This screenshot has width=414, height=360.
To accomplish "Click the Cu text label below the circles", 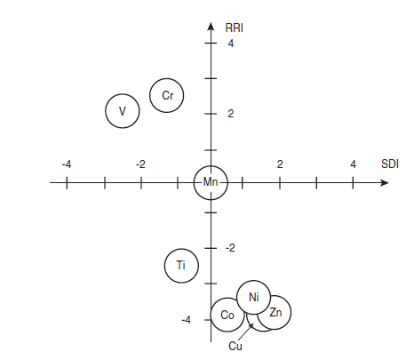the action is tap(235, 346).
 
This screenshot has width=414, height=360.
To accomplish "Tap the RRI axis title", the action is tap(235, 28).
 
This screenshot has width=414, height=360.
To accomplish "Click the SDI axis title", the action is tap(390, 164).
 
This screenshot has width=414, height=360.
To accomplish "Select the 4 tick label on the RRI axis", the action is tap(231, 44).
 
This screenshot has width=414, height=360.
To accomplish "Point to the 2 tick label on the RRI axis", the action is tap(231, 114).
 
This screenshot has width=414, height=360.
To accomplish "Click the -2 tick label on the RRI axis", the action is tap(230, 248).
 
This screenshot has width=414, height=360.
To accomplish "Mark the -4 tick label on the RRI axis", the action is tap(187, 320).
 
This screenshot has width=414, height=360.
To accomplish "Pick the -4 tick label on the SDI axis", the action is tap(67, 164).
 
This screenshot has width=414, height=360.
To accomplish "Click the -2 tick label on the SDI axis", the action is tap(140, 164).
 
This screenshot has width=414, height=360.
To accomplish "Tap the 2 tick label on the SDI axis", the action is tap(280, 164).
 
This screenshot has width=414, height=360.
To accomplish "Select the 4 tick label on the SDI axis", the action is tap(353, 164).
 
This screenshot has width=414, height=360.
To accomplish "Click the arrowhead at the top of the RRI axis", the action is tap(211, 26).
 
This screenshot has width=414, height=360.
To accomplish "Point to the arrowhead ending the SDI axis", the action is tap(384, 183).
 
